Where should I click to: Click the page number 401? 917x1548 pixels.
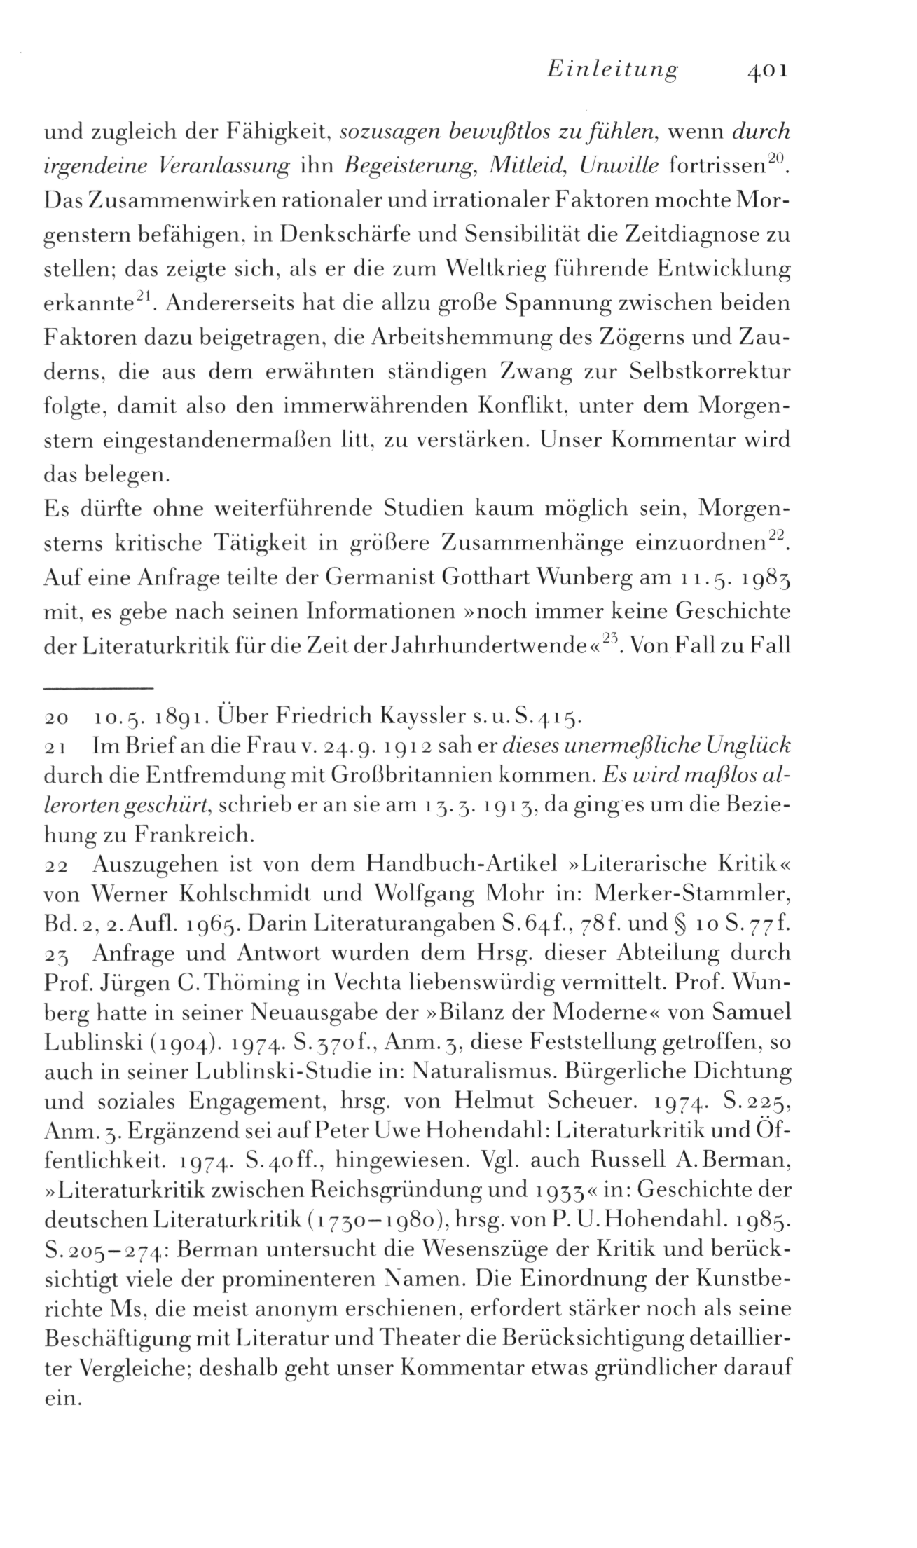(768, 71)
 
